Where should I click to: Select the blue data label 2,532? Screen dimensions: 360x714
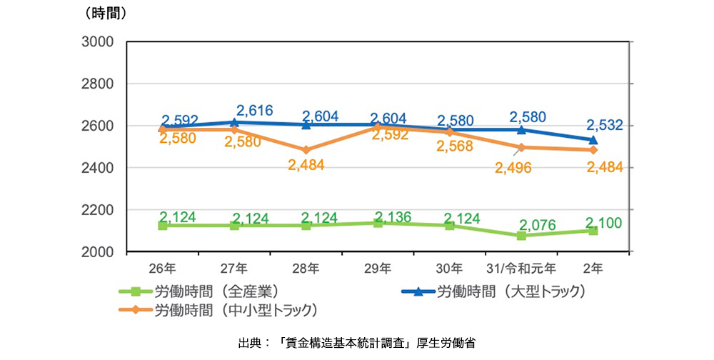[605, 126]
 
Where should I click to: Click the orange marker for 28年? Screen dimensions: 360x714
[306, 151]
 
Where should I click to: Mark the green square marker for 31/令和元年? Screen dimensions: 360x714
[521, 236]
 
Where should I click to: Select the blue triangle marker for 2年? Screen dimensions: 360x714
[593, 140]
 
